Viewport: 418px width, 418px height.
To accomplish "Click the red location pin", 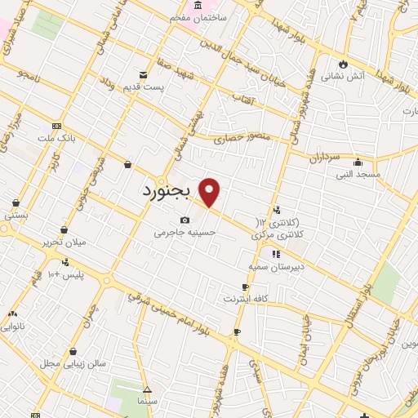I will point(210,192).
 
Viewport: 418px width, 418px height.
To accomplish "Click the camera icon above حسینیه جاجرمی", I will point(185,220).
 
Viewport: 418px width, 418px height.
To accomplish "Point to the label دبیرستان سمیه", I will point(278,267).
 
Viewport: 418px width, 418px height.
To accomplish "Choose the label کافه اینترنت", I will point(247,300).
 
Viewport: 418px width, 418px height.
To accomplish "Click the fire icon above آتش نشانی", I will point(344,64).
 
